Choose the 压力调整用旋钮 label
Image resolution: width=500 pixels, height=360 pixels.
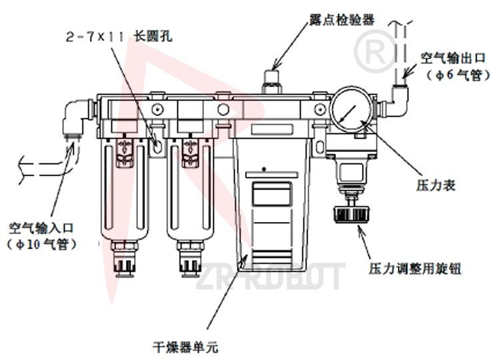coord(415,269)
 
